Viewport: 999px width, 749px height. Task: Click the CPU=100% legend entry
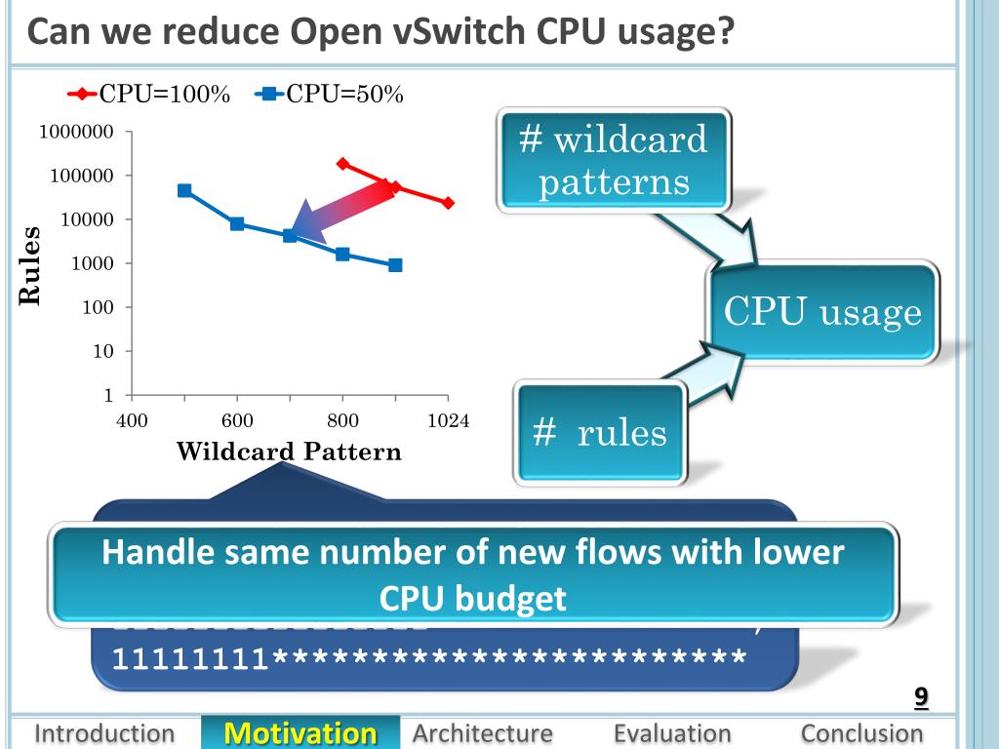149,94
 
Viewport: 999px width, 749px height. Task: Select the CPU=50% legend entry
330,94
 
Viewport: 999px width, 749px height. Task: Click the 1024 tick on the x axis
449,421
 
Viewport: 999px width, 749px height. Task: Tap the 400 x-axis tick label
132,421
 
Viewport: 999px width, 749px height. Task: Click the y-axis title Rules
30,265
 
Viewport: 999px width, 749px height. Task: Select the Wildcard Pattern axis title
289,452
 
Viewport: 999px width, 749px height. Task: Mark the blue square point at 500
184,190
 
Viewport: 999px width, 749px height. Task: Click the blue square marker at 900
395,265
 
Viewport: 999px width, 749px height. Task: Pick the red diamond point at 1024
448,203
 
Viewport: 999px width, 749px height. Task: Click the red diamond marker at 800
342,164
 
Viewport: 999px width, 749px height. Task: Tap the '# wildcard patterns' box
614,160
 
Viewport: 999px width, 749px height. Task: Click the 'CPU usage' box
822,313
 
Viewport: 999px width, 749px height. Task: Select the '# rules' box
601,433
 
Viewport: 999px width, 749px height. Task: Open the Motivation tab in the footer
300,733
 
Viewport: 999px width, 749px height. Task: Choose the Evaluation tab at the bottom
672,733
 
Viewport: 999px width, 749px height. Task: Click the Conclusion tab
861,733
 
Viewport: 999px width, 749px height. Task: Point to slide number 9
920,697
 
